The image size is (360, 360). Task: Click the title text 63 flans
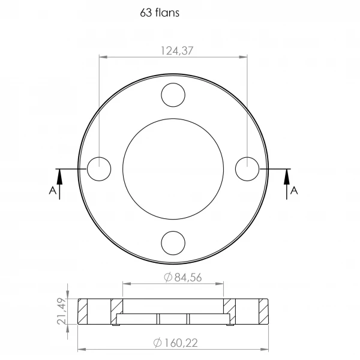click(x=160, y=13)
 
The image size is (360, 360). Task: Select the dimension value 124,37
click(x=177, y=51)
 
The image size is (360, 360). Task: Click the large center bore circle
click(x=173, y=118)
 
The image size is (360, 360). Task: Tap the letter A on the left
click(x=53, y=191)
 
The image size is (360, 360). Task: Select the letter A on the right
click(x=294, y=191)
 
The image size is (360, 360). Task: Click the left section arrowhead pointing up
click(x=59, y=177)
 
